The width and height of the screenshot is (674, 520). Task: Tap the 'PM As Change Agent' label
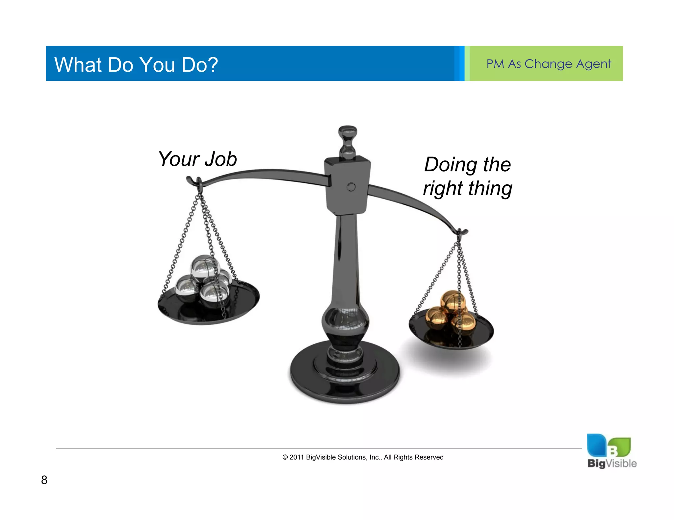[549, 64]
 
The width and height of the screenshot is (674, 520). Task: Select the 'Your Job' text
[197, 159]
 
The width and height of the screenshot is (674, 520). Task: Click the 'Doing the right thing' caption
[467, 177]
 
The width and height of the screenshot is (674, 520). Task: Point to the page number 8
[44, 480]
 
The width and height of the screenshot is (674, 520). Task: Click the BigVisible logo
[611, 451]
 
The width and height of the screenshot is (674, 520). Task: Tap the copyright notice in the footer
[363, 457]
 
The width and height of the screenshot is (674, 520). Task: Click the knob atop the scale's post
[348, 141]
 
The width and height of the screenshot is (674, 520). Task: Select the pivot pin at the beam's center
[351, 187]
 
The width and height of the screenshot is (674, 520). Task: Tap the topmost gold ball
[453, 301]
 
